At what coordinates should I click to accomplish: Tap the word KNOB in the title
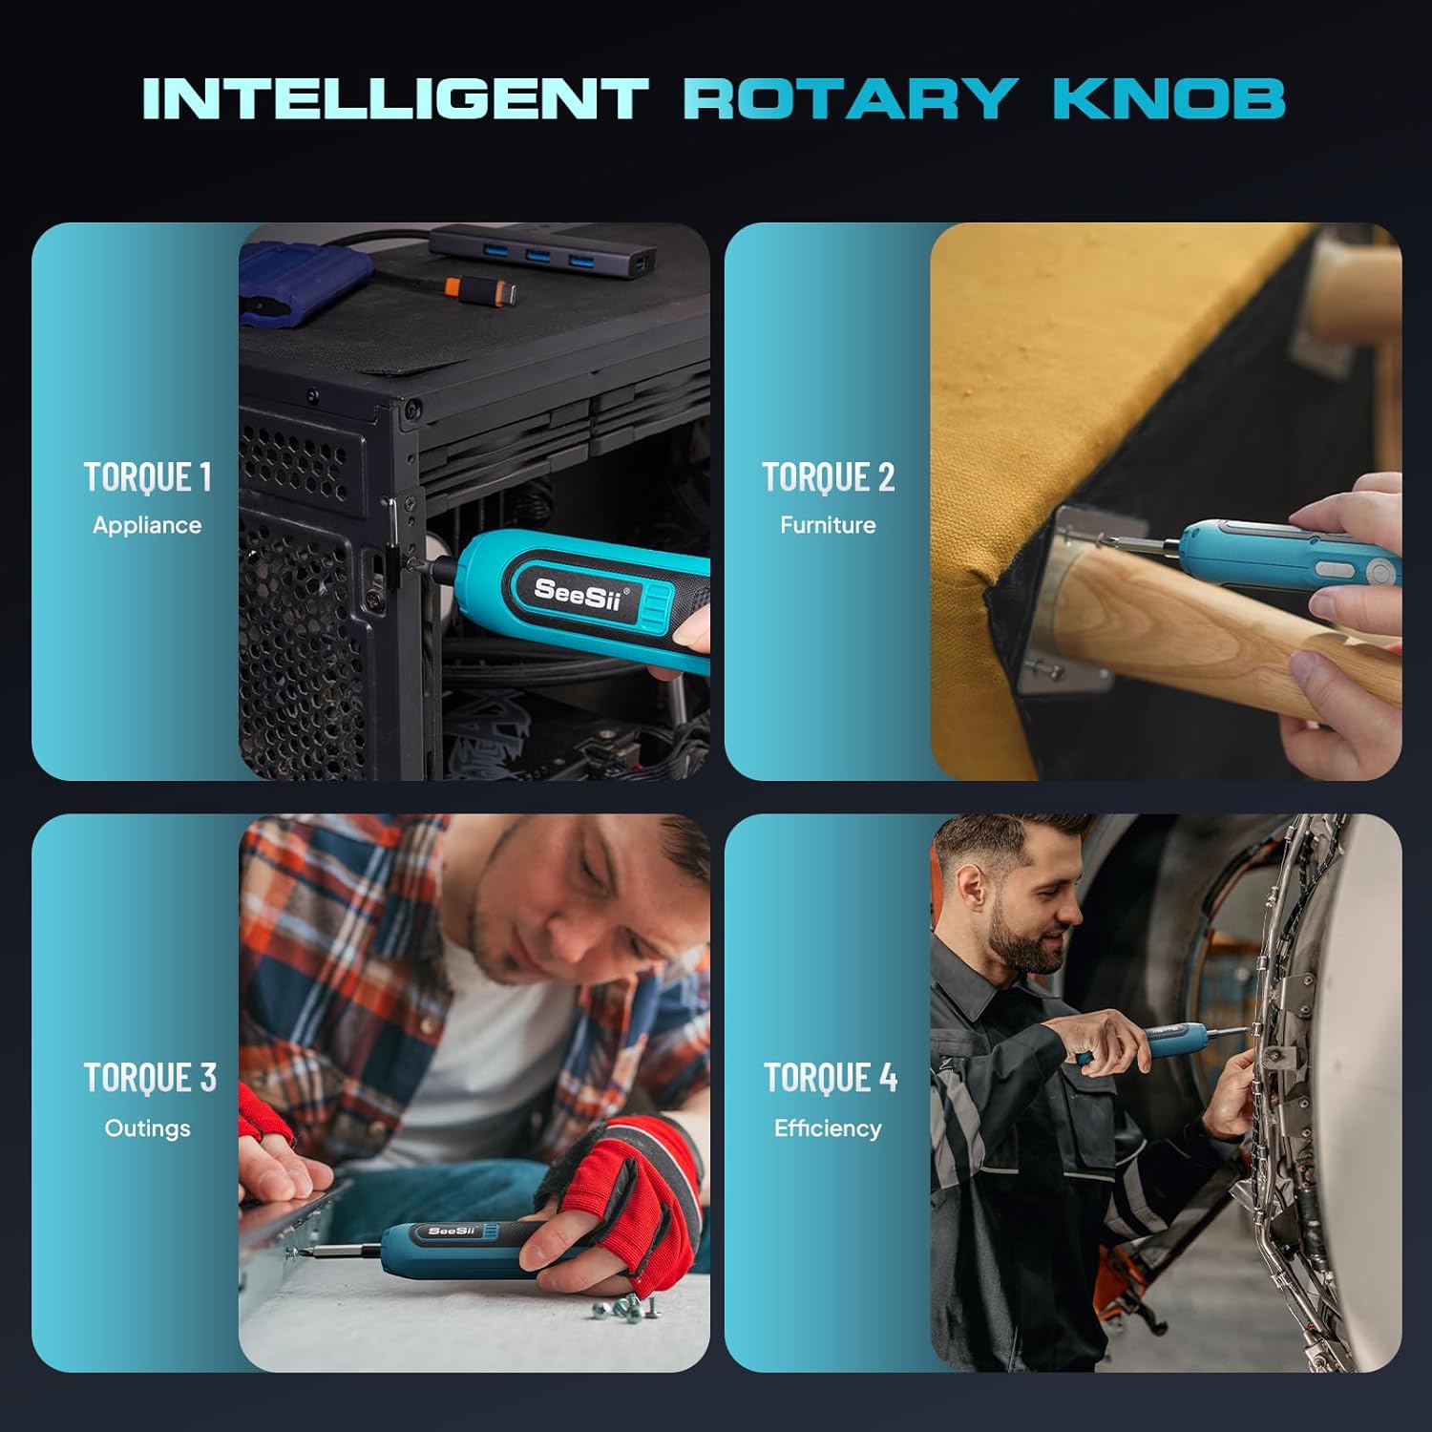pos(1169,98)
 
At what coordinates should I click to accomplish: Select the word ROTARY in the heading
pos(850,98)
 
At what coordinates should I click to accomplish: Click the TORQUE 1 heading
pos(147,477)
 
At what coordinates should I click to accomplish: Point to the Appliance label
pos(147,525)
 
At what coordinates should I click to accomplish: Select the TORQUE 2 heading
pos(828,477)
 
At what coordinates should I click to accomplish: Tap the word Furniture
pos(828,525)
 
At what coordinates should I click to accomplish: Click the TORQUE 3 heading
pos(150,1078)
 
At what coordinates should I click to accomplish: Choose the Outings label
pos(147,1128)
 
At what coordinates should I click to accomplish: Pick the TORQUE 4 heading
pos(831,1078)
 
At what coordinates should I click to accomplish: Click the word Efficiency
pos(828,1128)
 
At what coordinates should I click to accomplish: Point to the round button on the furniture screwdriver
pos(1379,573)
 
